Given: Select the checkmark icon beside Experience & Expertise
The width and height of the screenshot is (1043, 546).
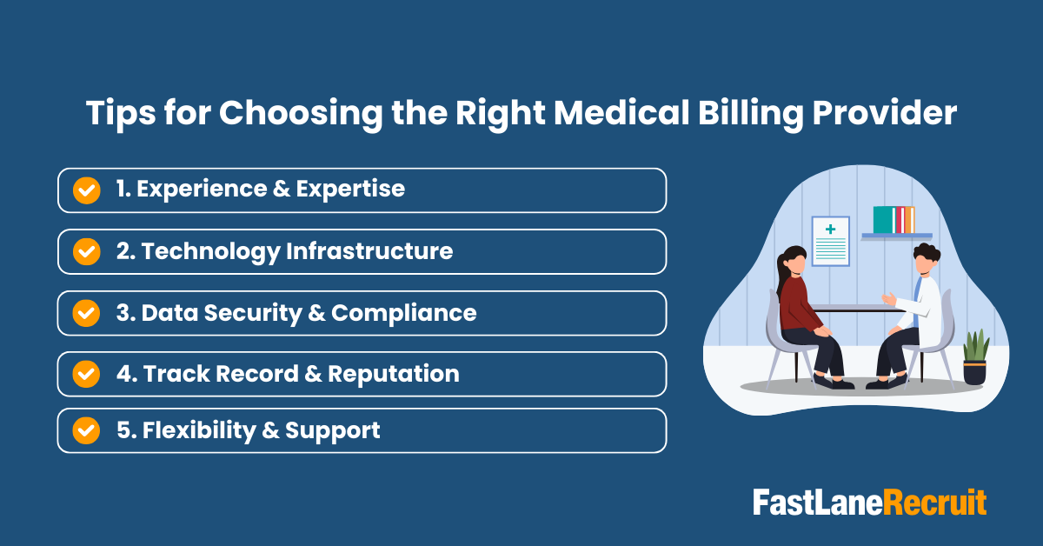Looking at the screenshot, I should [86, 190].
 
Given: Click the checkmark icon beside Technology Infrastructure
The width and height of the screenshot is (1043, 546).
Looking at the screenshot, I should [86, 252].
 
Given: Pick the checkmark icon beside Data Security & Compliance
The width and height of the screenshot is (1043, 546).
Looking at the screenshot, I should [86, 313].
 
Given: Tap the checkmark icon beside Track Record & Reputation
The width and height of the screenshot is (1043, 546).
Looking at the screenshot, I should [86, 374].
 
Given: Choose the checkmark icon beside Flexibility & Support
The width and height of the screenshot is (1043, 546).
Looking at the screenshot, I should [86, 430].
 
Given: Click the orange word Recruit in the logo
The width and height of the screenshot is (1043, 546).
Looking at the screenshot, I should [936, 503].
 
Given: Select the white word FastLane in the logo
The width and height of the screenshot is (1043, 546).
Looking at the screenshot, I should [818, 503].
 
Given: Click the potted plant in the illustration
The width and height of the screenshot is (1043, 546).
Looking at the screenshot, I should [975, 356].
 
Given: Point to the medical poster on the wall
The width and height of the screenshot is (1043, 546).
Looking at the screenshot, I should [831, 242].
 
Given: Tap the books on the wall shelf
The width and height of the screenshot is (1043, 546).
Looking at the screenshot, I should [894, 219].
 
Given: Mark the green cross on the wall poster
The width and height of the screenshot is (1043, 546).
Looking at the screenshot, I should [831, 230].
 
